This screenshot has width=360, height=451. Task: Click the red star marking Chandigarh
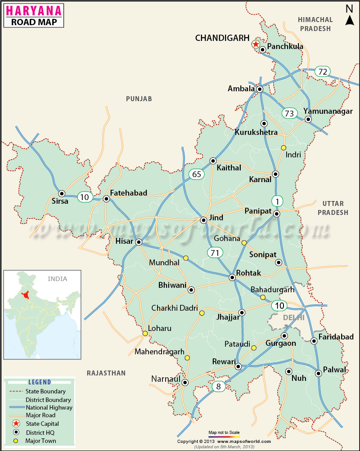256,44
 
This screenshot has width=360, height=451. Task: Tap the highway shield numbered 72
322,71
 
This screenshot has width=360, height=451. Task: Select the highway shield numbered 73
290,113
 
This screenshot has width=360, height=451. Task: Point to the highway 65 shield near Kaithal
197,174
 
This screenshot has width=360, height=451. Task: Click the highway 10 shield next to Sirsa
85,196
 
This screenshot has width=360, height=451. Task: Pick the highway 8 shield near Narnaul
218,386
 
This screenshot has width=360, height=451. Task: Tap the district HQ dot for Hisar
139,242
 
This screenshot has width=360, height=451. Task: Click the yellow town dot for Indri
283,147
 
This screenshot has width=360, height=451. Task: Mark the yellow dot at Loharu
145,334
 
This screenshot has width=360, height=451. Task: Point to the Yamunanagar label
328,112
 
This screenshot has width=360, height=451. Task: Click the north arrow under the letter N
350,20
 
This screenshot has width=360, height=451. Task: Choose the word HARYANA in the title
34,10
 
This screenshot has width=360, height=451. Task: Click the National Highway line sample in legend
15,408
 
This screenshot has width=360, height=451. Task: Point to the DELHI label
294,317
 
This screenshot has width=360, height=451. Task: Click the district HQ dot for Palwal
319,373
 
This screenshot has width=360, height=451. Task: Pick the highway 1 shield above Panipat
277,200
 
